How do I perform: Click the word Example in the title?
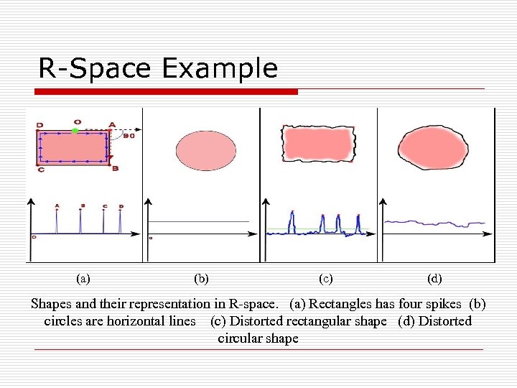pyautogui.click(x=219, y=68)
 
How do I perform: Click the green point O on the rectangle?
pyautogui.click(x=76, y=131)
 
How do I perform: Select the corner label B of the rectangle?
pyautogui.click(x=116, y=168)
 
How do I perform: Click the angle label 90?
pyautogui.click(x=129, y=135)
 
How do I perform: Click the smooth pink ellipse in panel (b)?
pyautogui.click(x=205, y=150)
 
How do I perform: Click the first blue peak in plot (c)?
pyautogui.click(x=292, y=221)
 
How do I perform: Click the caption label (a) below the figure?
pyautogui.click(x=83, y=277)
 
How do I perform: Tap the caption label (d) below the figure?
pyautogui.click(x=434, y=277)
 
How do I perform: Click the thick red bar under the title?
pyautogui.click(x=167, y=91)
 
